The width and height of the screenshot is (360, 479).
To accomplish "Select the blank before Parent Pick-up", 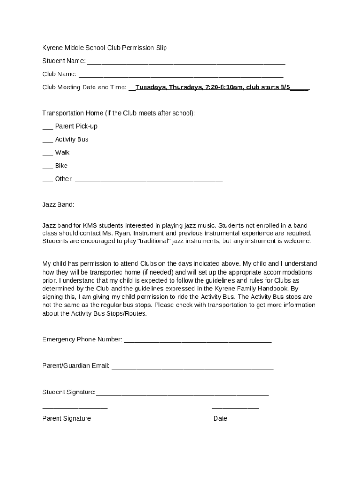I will pyautogui.click(x=47, y=128).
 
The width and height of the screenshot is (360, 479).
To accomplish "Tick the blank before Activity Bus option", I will pyautogui.click(x=47, y=141).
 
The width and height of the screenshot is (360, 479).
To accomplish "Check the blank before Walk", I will pyautogui.click(x=47, y=154).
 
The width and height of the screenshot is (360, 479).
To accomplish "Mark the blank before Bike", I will pyautogui.click(x=47, y=167).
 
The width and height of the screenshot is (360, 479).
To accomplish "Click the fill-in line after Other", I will pyautogui.click(x=149, y=181).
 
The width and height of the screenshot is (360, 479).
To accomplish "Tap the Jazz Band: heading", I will pyautogui.click(x=58, y=205).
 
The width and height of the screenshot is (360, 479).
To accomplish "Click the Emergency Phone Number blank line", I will pyautogui.click(x=197, y=341).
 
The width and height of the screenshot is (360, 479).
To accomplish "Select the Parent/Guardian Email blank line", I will pyautogui.click(x=192, y=368).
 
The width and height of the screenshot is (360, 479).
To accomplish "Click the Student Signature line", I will pyautogui.click(x=182, y=394).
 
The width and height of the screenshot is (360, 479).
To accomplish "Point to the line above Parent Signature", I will pyautogui.click(x=75, y=408).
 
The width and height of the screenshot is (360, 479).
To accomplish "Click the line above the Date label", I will pyautogui.click(x=235, y=408).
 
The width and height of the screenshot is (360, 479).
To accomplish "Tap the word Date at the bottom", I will pyautogui.click(x=220, y=418).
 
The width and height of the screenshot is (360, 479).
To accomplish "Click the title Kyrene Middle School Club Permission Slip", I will pyautogui.click(x=104, y=48).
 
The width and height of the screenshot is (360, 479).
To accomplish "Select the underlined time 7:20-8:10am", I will pyautogui.click(x=224, y=87).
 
